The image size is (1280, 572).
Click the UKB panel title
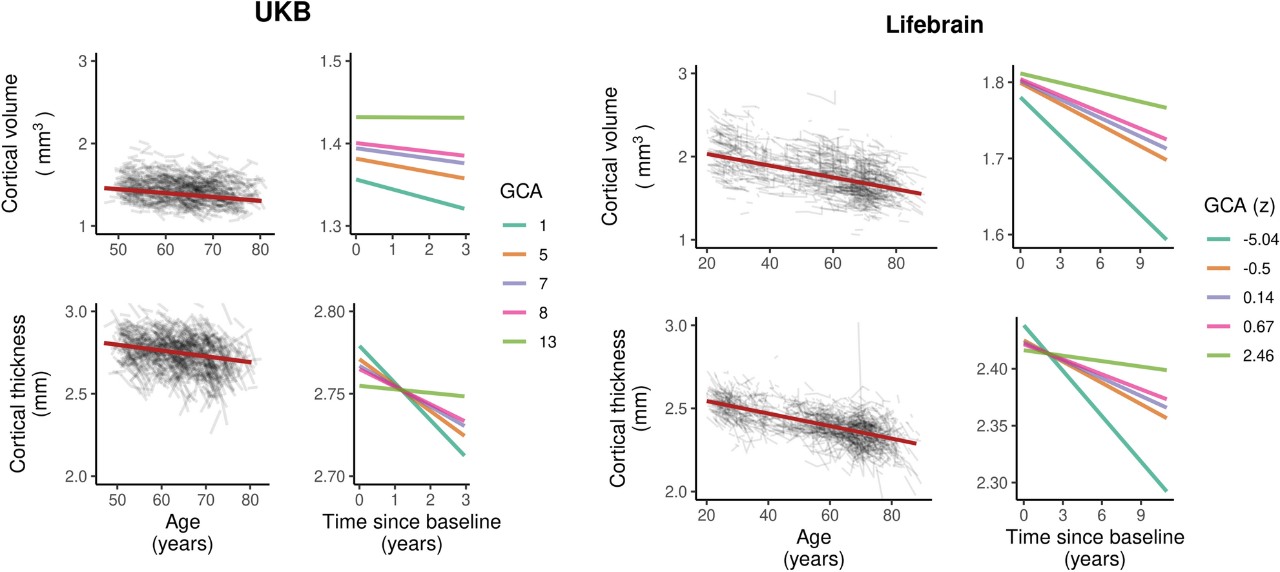(282, 12)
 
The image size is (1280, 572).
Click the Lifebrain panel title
(934, 25)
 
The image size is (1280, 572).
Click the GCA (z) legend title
(1239, 205)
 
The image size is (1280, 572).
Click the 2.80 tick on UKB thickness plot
(329, 312)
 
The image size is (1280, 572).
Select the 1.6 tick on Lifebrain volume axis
(993, 235)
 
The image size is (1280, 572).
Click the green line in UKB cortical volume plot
(410, 117)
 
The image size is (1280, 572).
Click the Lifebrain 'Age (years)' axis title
(813, 547)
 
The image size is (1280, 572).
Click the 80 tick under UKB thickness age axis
(250, 500)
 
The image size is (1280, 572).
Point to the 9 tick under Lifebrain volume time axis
(1139, 263)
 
